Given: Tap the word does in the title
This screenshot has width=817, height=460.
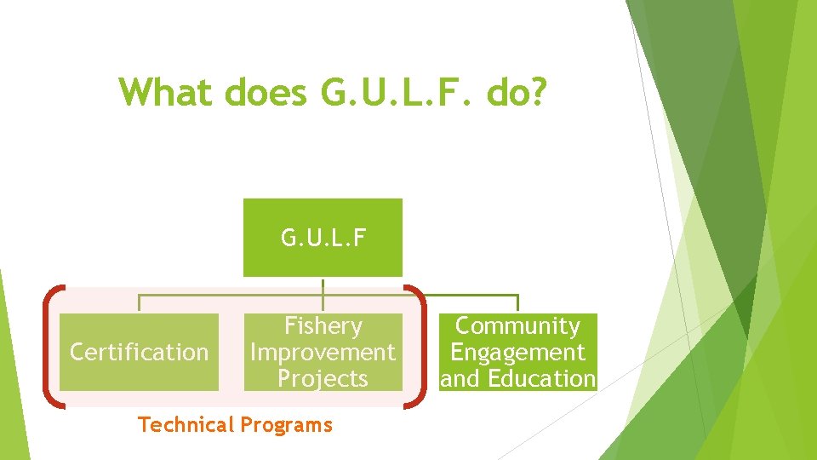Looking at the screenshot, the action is (265, 92).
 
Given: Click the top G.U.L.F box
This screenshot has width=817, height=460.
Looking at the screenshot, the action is (323, 237).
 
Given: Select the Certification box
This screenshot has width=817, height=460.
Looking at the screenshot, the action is (139, 352).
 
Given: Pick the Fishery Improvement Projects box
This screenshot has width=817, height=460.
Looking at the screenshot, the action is (323, 352).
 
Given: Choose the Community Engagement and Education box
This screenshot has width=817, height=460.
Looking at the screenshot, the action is (517, 352).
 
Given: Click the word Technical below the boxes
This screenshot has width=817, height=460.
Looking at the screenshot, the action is (186, 424).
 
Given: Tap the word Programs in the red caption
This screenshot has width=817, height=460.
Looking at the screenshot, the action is (287, 424).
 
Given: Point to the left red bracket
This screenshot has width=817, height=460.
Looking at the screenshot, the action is (49, 348).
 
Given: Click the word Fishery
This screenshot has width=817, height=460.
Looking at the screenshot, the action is (323, 326).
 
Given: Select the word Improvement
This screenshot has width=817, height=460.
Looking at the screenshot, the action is (323, 352).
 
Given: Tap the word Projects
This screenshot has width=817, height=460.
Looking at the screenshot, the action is (323, 378).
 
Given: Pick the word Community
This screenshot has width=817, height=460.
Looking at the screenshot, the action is (517, 326).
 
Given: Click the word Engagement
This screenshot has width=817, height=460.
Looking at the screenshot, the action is (517, 352).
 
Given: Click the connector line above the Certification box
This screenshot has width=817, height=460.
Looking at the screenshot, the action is (140, 303).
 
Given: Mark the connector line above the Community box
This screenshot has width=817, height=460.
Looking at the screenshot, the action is (517, 303).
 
